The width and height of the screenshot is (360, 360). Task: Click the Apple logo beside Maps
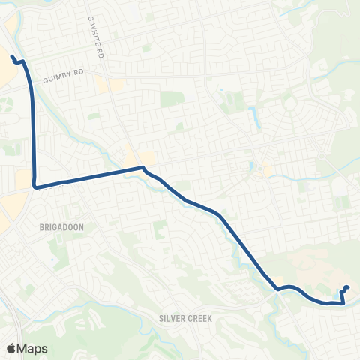pyautogui.click(x=11, y=347)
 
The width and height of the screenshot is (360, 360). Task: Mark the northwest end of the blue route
pyautogui.click(x=13, y=56)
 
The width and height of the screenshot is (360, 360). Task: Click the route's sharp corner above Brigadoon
pyautogui.click(x=35, y=187)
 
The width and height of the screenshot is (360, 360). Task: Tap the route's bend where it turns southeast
pyautogui.click(x=142, y=168)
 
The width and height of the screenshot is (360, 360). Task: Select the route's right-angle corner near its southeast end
pyautogui.click(x=343, y=303)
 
